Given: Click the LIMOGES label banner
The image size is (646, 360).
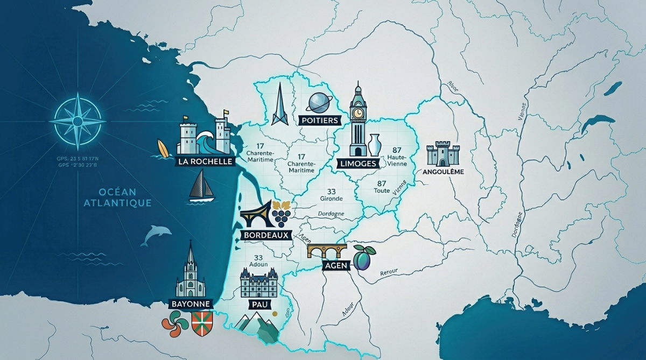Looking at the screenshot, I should pyautogui.click(x=359, y=163).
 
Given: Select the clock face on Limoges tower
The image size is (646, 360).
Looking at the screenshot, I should pyautogui.click(x=357, y=113).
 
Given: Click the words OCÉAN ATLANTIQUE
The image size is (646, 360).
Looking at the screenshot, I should pyautogui.click(x=117, y=197).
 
